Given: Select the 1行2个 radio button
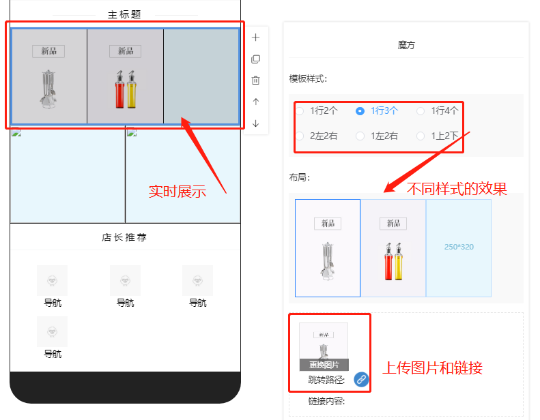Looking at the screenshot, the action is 300,111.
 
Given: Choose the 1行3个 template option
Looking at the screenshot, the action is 360,111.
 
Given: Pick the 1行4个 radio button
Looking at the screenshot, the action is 421,111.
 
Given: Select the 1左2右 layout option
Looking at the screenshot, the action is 360,136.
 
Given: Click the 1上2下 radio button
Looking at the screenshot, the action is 421,136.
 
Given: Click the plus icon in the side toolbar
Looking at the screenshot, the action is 255,37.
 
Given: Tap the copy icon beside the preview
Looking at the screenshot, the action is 255,59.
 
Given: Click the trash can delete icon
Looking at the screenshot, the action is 255,80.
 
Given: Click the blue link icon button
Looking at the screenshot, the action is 361,379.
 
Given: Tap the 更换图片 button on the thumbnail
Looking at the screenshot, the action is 324,365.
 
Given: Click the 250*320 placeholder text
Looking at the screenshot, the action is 459,247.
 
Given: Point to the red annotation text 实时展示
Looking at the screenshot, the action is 177,192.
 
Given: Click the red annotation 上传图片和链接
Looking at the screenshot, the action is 433,367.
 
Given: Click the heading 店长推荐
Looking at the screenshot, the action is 124,237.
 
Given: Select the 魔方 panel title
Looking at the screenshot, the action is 406,45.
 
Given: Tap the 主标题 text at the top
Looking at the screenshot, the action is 124,14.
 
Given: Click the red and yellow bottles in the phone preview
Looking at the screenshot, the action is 126,89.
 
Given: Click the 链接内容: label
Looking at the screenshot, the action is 326,401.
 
